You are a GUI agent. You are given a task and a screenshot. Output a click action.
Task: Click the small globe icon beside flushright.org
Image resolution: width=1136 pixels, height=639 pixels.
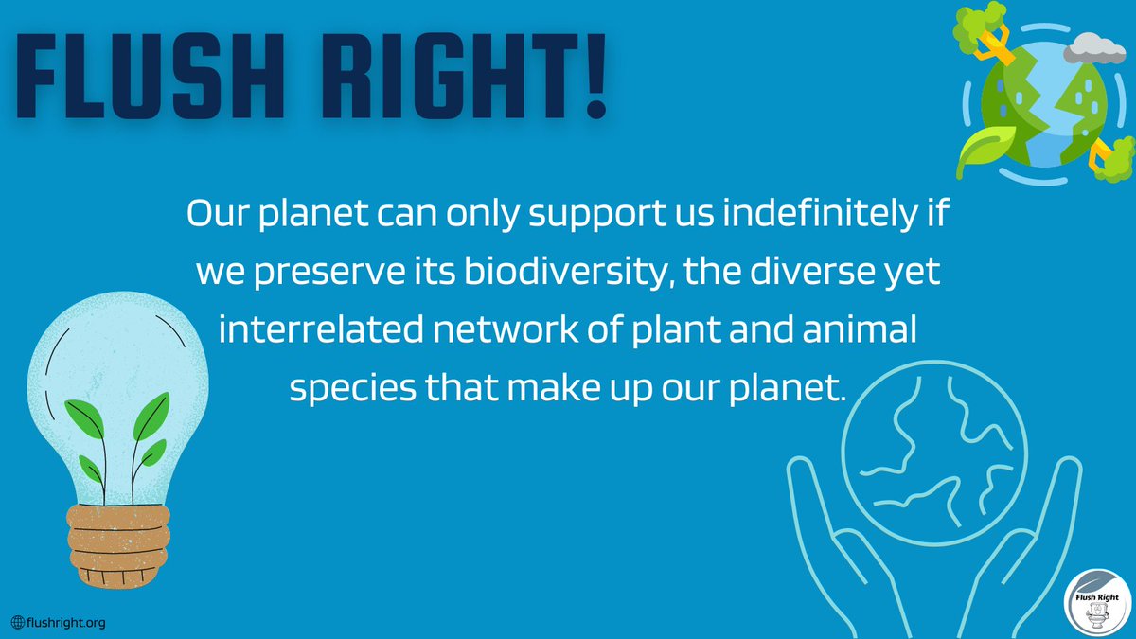18,622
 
